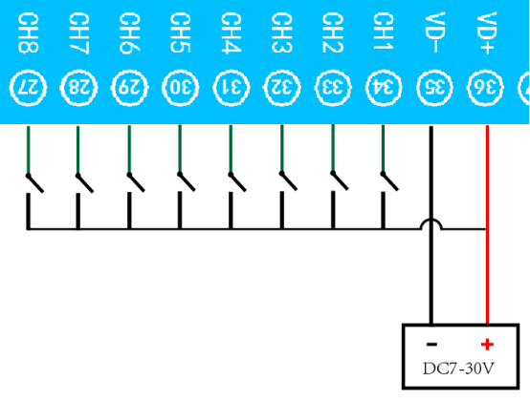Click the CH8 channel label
(28, 32)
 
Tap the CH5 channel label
(180, 32)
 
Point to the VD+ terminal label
(487, 32)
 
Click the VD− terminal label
(434, 32)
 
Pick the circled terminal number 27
(28, 88)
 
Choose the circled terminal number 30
(180, 88)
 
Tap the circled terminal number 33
(333, 88)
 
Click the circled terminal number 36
(485, 88)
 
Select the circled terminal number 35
(434, 88)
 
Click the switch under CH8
(34, 183)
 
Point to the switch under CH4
(237, 182)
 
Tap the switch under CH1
(389, 181)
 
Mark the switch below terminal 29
(136, 182)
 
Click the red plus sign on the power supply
(487, 345)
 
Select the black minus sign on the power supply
(432, 344)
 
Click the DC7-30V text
(458, 369)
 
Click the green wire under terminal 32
(282, 149)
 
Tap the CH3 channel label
(282, 32)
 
